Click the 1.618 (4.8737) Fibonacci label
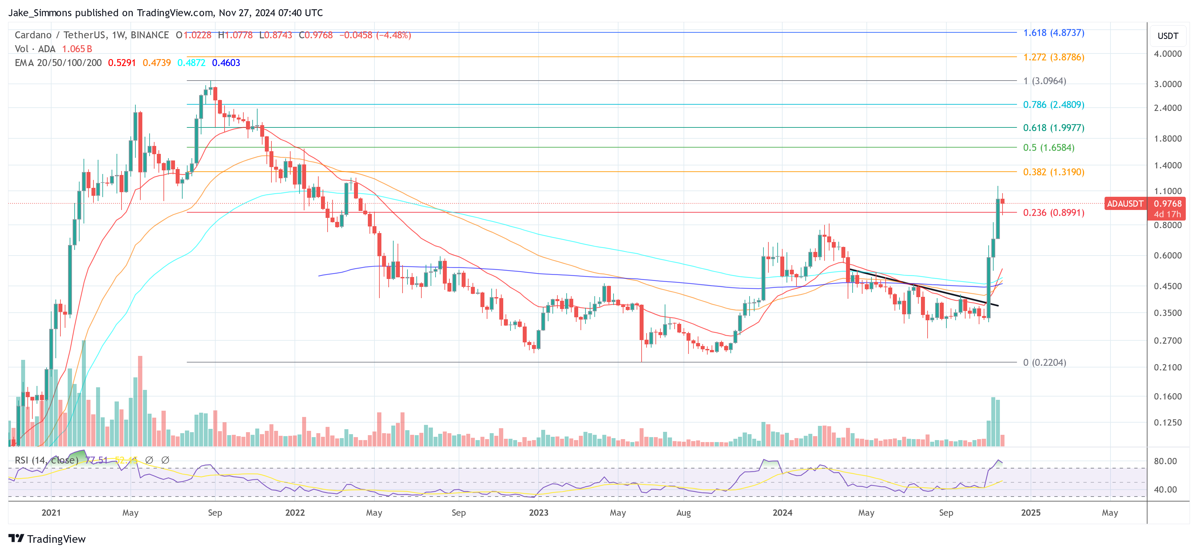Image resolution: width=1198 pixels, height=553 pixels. [x=1053, y=33]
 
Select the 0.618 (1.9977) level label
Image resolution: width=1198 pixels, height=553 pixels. [x=1053, y=127]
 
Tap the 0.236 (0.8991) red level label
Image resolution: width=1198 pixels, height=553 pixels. [x=1053, y=213]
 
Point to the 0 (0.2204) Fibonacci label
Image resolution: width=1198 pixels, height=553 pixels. [x=1044, y=362]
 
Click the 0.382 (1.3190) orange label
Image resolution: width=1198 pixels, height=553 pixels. [x=1053, y=172]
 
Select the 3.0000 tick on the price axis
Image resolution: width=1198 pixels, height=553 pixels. [x=1167, y=84]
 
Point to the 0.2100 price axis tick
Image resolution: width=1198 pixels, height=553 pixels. [x=1167, y=367]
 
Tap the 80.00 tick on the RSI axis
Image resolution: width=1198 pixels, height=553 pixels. [x=1165, y=461]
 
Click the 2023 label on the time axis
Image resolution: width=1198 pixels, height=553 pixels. [x=539, y=512]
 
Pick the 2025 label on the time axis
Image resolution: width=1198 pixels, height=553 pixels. [x=1031, y=512]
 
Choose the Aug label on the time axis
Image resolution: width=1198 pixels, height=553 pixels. [x=683, y=512]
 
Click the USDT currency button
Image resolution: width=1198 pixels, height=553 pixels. [x=1168, y=36]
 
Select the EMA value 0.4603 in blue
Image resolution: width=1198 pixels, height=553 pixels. [x=226, y=63]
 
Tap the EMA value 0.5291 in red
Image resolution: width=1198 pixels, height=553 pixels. [x=122, y=63]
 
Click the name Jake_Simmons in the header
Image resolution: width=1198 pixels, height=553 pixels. [x=40, y=13]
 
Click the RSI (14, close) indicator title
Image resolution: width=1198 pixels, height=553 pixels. [x=47, y=460]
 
